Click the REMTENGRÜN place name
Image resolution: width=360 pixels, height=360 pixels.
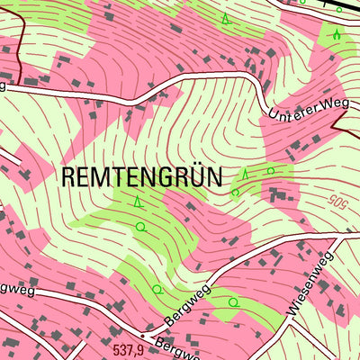pyautogui.click(x=141, y=176)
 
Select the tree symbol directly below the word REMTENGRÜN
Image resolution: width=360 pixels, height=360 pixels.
pyautogui.click(x=137, y=202)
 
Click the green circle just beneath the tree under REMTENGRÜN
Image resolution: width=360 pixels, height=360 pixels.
pyautogui.click(x=140, y=228)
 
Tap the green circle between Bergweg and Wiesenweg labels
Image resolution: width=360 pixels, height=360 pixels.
pyautogui.click(x=234, y=301)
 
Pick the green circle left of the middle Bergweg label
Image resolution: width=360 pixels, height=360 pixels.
pyautogui.click(x=157, y=289)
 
